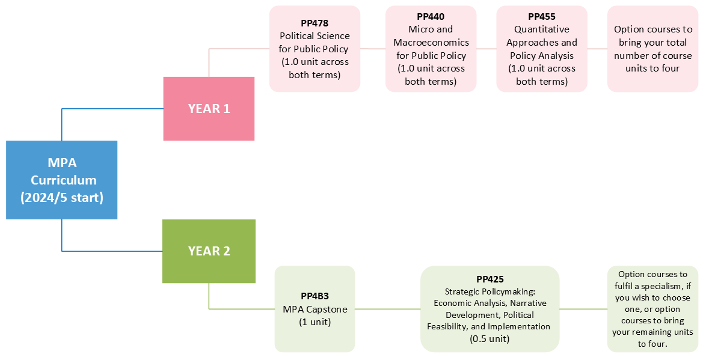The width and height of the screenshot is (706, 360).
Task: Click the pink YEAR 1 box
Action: click(x=209, y=109)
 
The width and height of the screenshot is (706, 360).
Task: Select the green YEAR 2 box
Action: click(x=209, y=251)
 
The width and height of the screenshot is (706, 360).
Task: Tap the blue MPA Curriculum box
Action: click(x=61, y=180)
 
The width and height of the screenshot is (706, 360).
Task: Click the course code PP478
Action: click(x=315, y=23)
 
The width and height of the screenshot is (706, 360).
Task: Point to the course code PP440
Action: click(x=431, y=17)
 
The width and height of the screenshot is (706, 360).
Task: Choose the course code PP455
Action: click(x=541, y=17)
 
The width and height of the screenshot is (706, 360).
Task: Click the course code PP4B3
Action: click(x=315, y=296)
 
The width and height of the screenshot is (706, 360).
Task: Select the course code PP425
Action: click(x=490, y=279)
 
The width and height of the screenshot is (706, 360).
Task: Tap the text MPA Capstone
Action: click(x=315, y=309)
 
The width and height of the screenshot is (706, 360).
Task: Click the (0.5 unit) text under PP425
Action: click(x=490, y=338)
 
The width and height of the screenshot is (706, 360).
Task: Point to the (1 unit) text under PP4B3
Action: click(x=315, y=322)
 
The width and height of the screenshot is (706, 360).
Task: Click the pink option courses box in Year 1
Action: click(x=652, y=49)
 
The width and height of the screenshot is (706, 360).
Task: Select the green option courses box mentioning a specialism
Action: click(x=652, y=309)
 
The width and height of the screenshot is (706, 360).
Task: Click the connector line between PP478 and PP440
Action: click(x=373, y=49)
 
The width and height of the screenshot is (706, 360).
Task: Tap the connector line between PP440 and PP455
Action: click(x=487, y=49)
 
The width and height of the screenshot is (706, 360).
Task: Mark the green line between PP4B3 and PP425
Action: click(x=387, y=309)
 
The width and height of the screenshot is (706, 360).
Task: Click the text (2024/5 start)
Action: click(x=61, y=197)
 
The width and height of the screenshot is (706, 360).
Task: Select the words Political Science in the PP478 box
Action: click(x=315, y=35)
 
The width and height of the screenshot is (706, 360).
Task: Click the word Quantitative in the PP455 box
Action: click(x=541, y=29)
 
